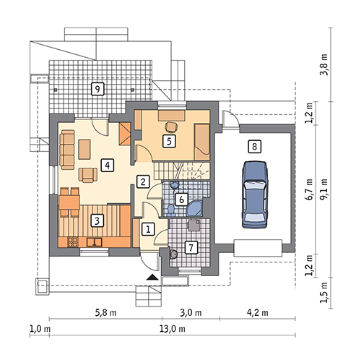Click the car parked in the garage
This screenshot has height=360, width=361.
click(255, 194)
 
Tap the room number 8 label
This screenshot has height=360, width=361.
click(254, 147)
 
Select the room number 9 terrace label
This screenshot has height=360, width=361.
click(97, 89)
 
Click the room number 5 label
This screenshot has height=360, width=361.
click(169, 141)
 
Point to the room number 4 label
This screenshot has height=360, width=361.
click(108, 165)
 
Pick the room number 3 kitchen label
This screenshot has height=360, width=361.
click(97, 220)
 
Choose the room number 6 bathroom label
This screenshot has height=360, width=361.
click(181, 200)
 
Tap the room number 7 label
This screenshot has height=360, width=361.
click(191, 247)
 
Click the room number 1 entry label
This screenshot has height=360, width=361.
click(148, 228)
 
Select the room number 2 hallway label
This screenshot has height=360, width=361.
click(143, 181)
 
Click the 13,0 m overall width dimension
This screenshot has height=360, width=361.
click(173, 329)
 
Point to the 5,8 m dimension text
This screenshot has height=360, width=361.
click(105, 312)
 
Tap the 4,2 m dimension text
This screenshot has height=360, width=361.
click(258, 312)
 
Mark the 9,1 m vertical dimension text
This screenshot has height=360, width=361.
click(323, 189)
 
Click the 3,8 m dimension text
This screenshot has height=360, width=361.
click(323, 64)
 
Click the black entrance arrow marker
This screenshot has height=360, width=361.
click(152, 278)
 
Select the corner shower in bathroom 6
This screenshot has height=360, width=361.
click(195, 208)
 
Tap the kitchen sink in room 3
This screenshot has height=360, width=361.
click(95, 242)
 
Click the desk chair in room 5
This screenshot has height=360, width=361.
click(171, 127)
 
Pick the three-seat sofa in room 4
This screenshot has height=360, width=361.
click(67, 150)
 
